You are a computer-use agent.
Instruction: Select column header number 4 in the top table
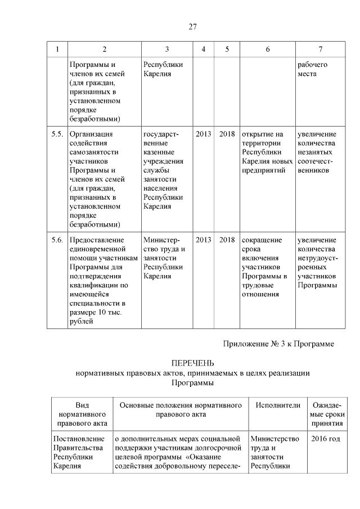203,49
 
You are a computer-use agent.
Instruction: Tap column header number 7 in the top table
320,49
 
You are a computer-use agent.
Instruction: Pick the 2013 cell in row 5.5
203,134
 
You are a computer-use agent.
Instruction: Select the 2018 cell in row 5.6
227,240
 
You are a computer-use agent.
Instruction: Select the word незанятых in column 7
315,152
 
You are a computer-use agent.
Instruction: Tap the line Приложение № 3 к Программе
278,344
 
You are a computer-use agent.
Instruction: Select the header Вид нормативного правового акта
82,415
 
